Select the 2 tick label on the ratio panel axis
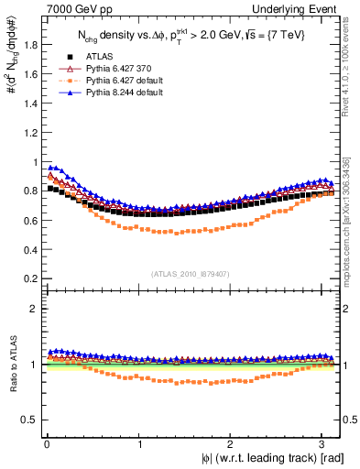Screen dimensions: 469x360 (x=33, y=309)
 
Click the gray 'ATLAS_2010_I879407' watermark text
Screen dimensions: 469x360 (x=191, y=272)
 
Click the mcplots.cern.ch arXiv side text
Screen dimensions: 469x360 (x=350, y=220)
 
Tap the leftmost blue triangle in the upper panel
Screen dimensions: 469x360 (x=49, y=168)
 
